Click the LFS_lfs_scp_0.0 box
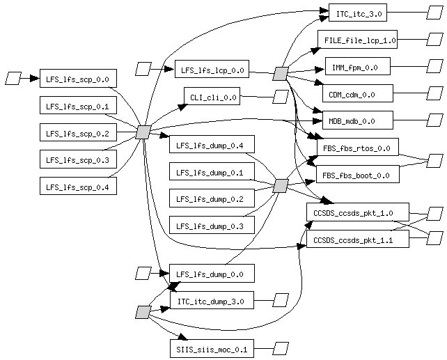(x=78, y=79)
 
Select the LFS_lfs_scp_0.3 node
(x=78, y=159)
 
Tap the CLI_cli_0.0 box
(x=212, y=97)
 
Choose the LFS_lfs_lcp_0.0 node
(x=211, y=70)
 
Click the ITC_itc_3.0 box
(x=357, y=13)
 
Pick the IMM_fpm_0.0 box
(x=357, y=67)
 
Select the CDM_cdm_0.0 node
(x=357, y=93)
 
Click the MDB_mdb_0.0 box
(x=357, y=120)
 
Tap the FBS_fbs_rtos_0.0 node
(x=357, y=147)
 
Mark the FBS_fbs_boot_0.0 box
(x=357, y=174)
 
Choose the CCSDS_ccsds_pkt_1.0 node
(x=357, y=212)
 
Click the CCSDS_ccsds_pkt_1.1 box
(x=357, y=239)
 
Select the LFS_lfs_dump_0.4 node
(x=211, y=145)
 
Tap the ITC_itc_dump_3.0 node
(x=211, y=301)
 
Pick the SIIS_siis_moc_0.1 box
(x=211, y=347)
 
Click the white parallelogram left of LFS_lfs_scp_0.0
(x=13, y=78)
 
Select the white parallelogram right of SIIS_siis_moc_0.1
(x=281, y=347)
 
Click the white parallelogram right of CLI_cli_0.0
(x=281, y=97)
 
